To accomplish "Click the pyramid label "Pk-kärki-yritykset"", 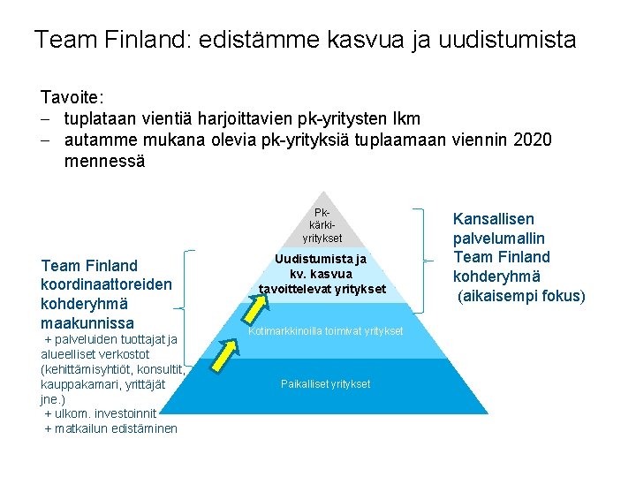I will [322, 225].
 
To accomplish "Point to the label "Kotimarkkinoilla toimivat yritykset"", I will [325, 331].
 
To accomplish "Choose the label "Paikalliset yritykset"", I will [325, 383].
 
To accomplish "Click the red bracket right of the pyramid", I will [421, 257].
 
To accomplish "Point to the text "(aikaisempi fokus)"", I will [521, 296].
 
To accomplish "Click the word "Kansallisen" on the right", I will [494, 219].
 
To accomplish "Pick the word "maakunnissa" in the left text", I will [87, 323].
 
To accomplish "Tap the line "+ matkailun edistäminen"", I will [110, 428].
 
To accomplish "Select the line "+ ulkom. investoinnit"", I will [101, 413].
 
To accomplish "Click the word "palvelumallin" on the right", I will [498, 238].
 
